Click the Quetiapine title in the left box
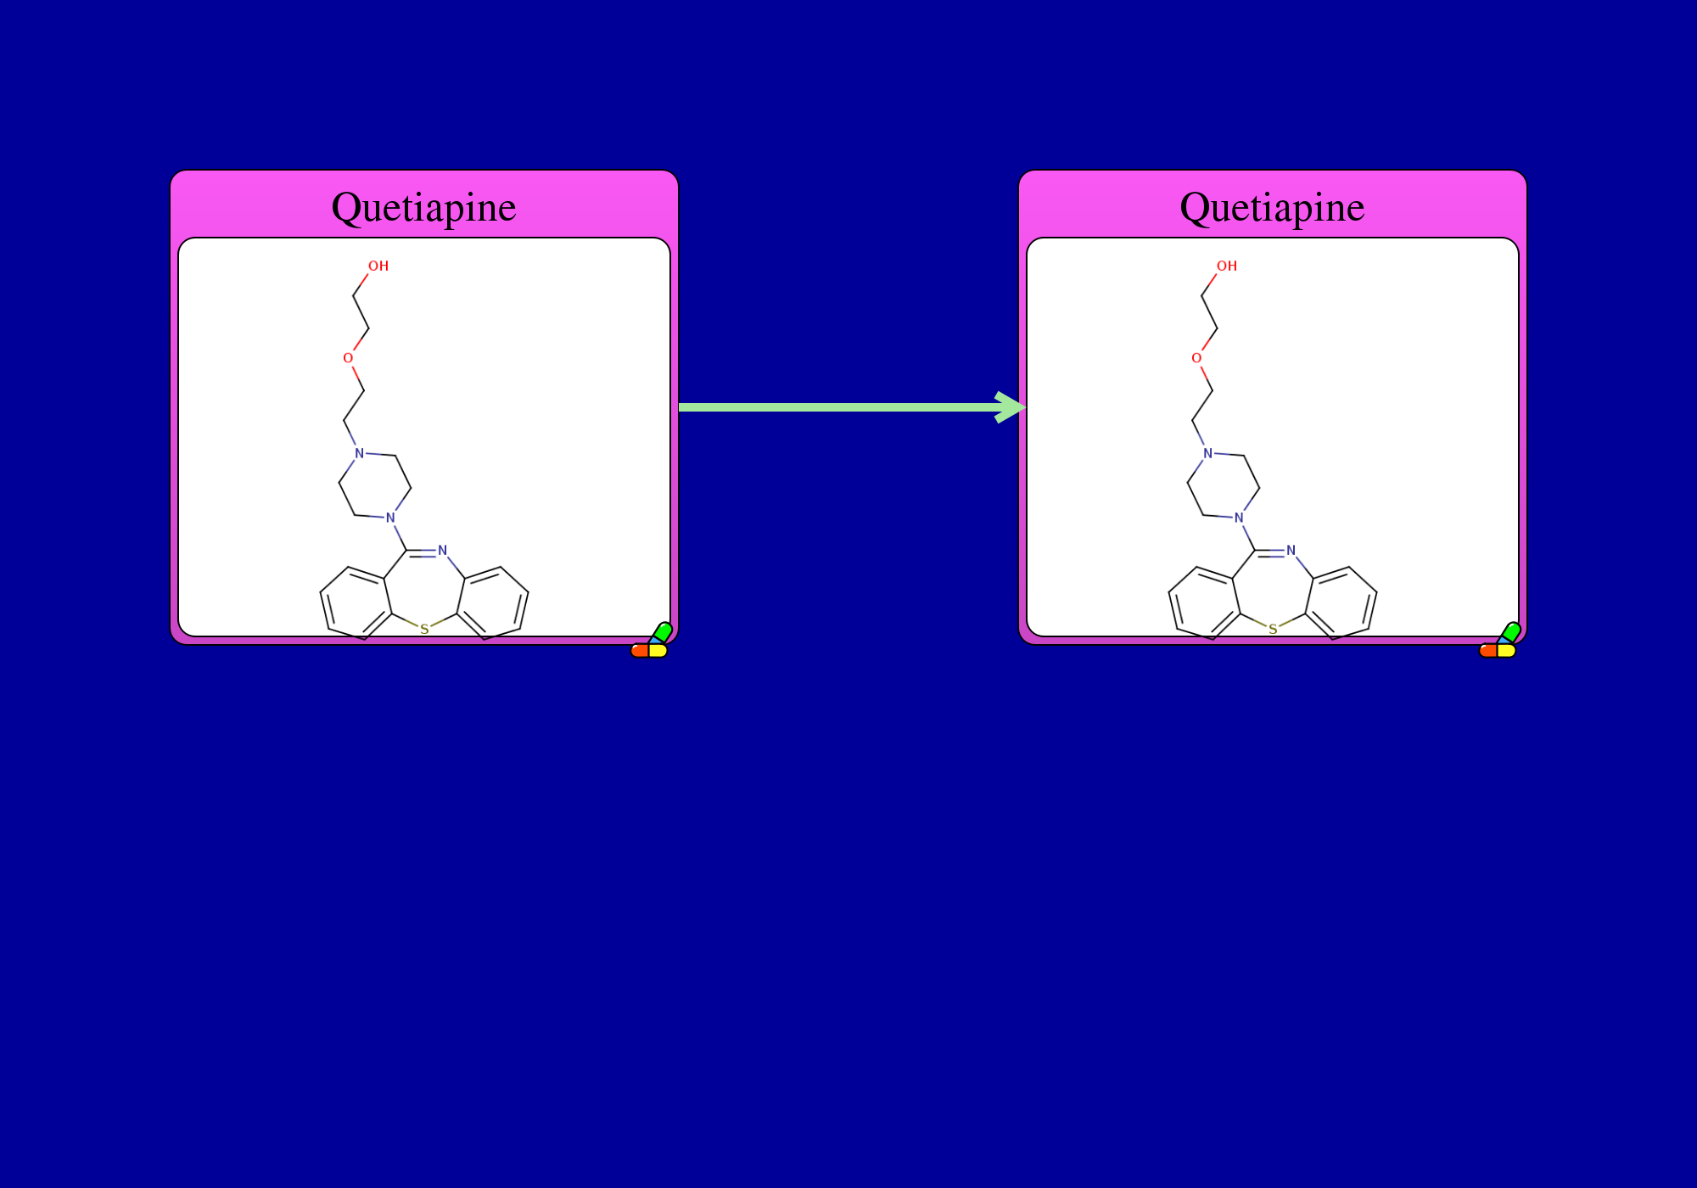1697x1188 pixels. (x=423, y=208)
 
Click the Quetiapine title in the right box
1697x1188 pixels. (x=1272, y=208)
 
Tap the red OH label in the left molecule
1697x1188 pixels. (x=378, y=266)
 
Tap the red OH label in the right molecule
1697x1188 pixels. (x=1227, y=266)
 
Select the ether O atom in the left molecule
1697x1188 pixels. (x=348, y=358)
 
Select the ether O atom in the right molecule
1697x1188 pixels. (x=1196, y=358)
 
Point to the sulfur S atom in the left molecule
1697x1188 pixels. (x=424, y=630)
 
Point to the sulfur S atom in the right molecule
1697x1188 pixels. (x=1273, y=630)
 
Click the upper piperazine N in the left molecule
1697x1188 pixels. (x=359, y=453)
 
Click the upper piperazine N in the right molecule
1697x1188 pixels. (x=1207, y=453)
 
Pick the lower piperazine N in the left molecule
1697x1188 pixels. (x=390, y=518)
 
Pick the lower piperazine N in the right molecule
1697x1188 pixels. (x=1239, y=518)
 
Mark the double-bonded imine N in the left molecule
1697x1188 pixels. (x=442, y=551)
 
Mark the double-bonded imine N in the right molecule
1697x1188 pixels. (x=1291, y=551)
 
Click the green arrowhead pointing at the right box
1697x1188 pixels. (x=1011, y=407)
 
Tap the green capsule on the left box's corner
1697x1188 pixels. (x=662, y=632)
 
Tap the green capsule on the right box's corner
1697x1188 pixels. (x=1510, y=632)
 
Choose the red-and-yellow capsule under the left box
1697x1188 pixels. (x=649, y=651)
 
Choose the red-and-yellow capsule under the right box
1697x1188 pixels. (x=1498, y=651)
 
